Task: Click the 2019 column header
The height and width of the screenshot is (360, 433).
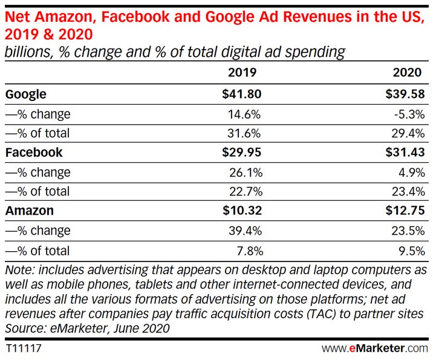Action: pyautogui.click(x=242, y=73)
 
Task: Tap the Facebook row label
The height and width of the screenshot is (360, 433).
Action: pyautogui.click(x=34, y=152)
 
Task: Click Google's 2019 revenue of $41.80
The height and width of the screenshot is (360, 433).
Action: pyautogui.click(x=240, y=94)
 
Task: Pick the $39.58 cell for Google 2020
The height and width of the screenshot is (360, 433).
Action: pyautogui.click(x=406, y=94)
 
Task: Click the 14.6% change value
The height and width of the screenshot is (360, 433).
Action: pyautogui.click(x=245, y=114)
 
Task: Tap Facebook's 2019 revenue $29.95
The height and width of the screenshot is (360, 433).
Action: pyautogui.click(x=240, y=152)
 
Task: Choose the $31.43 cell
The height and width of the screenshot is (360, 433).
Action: pyautogui.click(x=406, y=152)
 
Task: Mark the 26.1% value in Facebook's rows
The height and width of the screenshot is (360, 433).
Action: pyautogui.click(x=245, y=172)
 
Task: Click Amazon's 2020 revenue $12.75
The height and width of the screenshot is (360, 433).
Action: pyautogui.click(x=406, y=211)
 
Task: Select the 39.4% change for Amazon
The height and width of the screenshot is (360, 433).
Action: pyautogui.click(x=245, y=230)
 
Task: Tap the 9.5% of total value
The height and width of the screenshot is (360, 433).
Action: pyautogui.click(x=413, y=250)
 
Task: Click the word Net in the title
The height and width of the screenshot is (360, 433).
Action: pyautogui.click(x=19, y=11)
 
